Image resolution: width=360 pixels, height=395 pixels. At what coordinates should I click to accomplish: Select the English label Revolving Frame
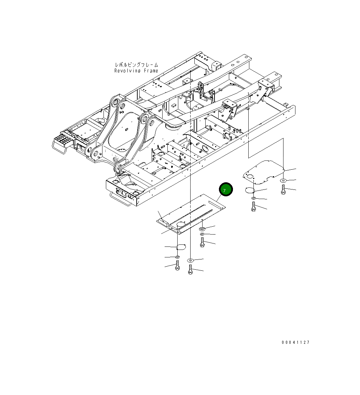(x=136, y=71)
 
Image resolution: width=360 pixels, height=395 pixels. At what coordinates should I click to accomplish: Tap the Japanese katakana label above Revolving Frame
(x=136, y=65)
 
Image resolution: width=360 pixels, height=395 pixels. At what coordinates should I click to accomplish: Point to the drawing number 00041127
(x=295, y=342)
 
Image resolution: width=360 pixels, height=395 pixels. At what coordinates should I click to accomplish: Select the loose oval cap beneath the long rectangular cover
(x=180, y=246)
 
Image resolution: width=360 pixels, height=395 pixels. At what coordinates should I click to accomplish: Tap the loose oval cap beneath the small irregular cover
(x=250, y=190)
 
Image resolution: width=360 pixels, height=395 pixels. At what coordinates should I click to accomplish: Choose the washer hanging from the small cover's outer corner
(x=283, y=180)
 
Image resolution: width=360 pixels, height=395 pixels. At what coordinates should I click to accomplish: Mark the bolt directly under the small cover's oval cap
(x=253, y=206)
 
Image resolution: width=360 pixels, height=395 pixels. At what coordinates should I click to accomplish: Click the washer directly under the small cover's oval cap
(x=253, y=198)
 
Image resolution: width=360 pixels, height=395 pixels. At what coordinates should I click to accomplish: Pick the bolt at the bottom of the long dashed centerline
(x=190, y=271)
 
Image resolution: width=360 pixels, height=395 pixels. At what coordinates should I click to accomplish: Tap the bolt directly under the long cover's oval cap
(x=177, y=265)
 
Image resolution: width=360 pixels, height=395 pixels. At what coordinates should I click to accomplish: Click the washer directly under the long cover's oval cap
(x=177, y=257)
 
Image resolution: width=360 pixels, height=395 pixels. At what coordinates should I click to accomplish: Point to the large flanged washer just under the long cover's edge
(x=202, y=228)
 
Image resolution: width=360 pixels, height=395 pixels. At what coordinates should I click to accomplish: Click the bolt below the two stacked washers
(x=202, y=243)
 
